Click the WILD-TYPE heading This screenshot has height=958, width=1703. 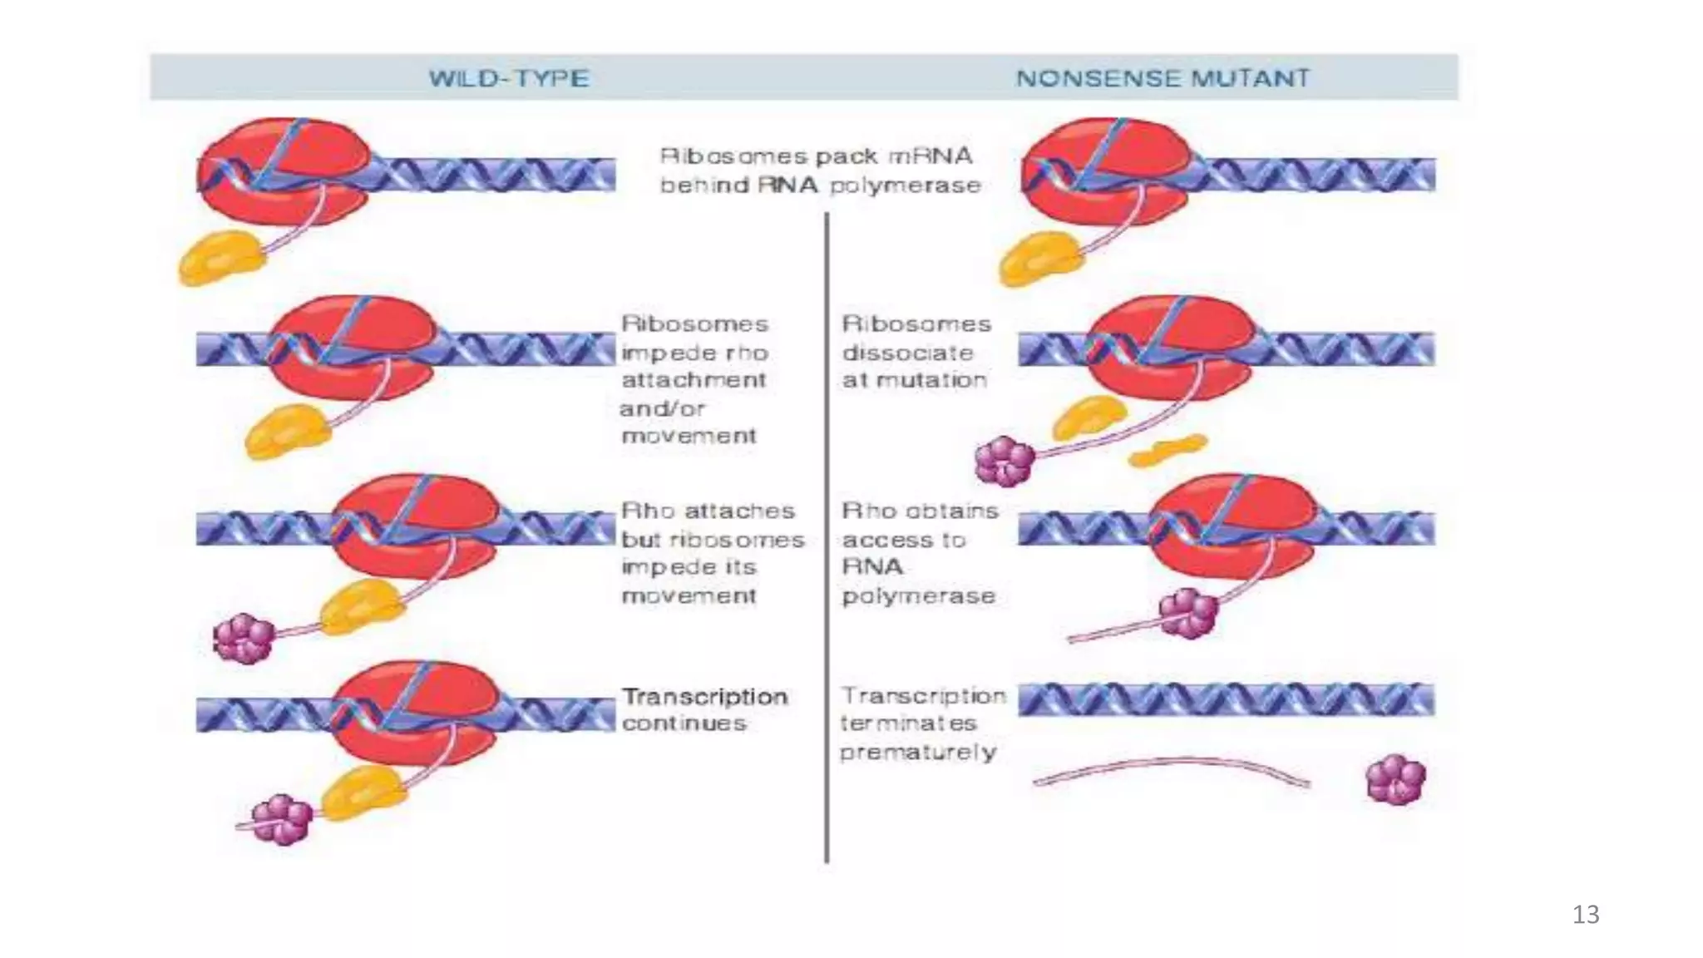point(509,79)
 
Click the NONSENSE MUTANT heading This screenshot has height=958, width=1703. point(1162,79)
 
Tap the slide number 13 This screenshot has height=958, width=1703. point(1586,915)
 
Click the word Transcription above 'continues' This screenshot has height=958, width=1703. point(704,696)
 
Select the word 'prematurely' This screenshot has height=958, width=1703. point(918,753)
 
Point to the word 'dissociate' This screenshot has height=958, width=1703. point(907,353)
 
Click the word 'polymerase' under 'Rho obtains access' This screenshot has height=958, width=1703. point(918,596)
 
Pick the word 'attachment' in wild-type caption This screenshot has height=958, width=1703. point(694,380)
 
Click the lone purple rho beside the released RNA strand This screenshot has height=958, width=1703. point(1395,780)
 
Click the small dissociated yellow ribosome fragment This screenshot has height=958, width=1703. point(1167,450)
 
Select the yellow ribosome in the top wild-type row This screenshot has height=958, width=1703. point(220,259)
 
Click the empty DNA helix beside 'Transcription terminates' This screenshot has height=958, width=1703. point(1226,700)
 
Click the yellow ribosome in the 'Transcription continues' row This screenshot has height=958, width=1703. point(362,791)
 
